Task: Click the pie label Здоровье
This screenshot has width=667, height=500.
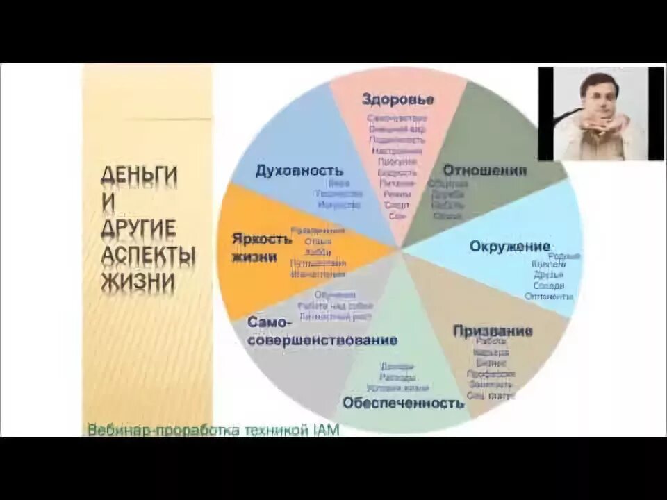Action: point(397,99)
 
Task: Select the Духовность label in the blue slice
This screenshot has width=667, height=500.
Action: point(299,171)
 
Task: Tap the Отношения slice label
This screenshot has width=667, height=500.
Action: point(484,171)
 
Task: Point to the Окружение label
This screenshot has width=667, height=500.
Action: point(509,247)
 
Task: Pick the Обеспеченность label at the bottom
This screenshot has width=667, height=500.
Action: point(402,402)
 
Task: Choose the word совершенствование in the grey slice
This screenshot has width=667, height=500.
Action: point(323,340)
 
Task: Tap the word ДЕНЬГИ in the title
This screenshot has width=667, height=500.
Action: point(139,175)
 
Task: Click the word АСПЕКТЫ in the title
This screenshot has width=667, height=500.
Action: point(148,255)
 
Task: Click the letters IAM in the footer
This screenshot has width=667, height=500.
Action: point(325,431)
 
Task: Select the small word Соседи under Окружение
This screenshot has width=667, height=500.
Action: point(549,285)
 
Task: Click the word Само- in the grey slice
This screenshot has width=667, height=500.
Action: point(265,323)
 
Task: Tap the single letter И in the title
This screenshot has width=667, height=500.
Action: point(108,201)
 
